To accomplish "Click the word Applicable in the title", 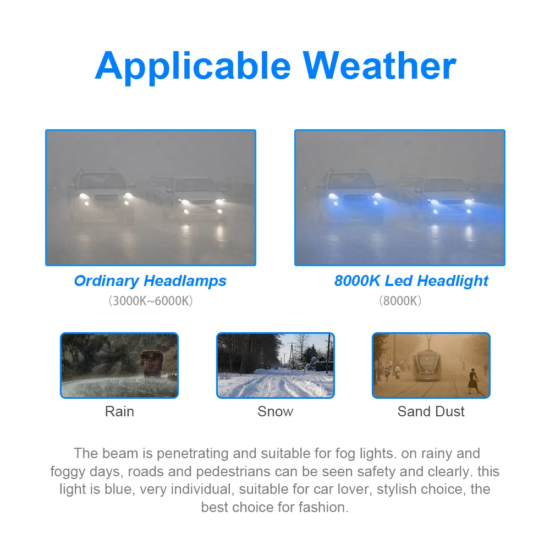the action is [x=193, y=67].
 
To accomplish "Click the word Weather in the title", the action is [x=380, y=65].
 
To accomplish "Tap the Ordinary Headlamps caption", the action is [x=150, y=281].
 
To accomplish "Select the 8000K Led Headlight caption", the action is [x=411, y=281].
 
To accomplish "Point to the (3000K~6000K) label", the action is [x=151, y=301].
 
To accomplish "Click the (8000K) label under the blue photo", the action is [x=400, y=301].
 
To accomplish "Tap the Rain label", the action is [x=119, y=411].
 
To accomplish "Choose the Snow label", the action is [x=276, y=411].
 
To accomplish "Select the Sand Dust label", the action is [x=431, y=411].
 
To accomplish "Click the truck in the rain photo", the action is [x=152, y=364].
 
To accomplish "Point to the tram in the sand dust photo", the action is [x=427, y=365].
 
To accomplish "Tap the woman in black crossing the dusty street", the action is [x=474, y=381].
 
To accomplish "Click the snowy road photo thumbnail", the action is [x=276, y=365].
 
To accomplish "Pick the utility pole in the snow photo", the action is [x=329, y=354].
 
